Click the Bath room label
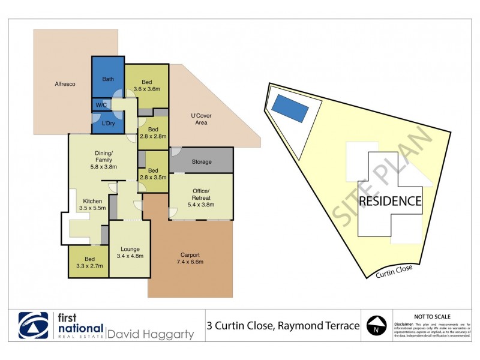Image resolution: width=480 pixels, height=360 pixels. pos(108,79)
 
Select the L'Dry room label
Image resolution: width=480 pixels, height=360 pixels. pos(108,123)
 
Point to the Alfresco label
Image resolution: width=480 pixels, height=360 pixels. pos(64,84)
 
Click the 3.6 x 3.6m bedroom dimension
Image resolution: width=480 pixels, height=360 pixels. pos(147,89)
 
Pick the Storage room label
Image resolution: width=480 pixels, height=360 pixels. pos(202,161)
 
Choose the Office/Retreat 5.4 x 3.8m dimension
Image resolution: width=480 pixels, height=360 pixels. pos(201,205)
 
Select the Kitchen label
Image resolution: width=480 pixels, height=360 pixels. pos(92,200)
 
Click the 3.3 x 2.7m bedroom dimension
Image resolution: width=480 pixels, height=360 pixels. pos(88,266)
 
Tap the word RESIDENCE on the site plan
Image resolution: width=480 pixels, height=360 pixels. pos(390,201)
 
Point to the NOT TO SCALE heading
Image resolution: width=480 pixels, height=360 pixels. pos(433,316)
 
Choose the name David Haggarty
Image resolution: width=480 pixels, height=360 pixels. pos(150,333)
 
